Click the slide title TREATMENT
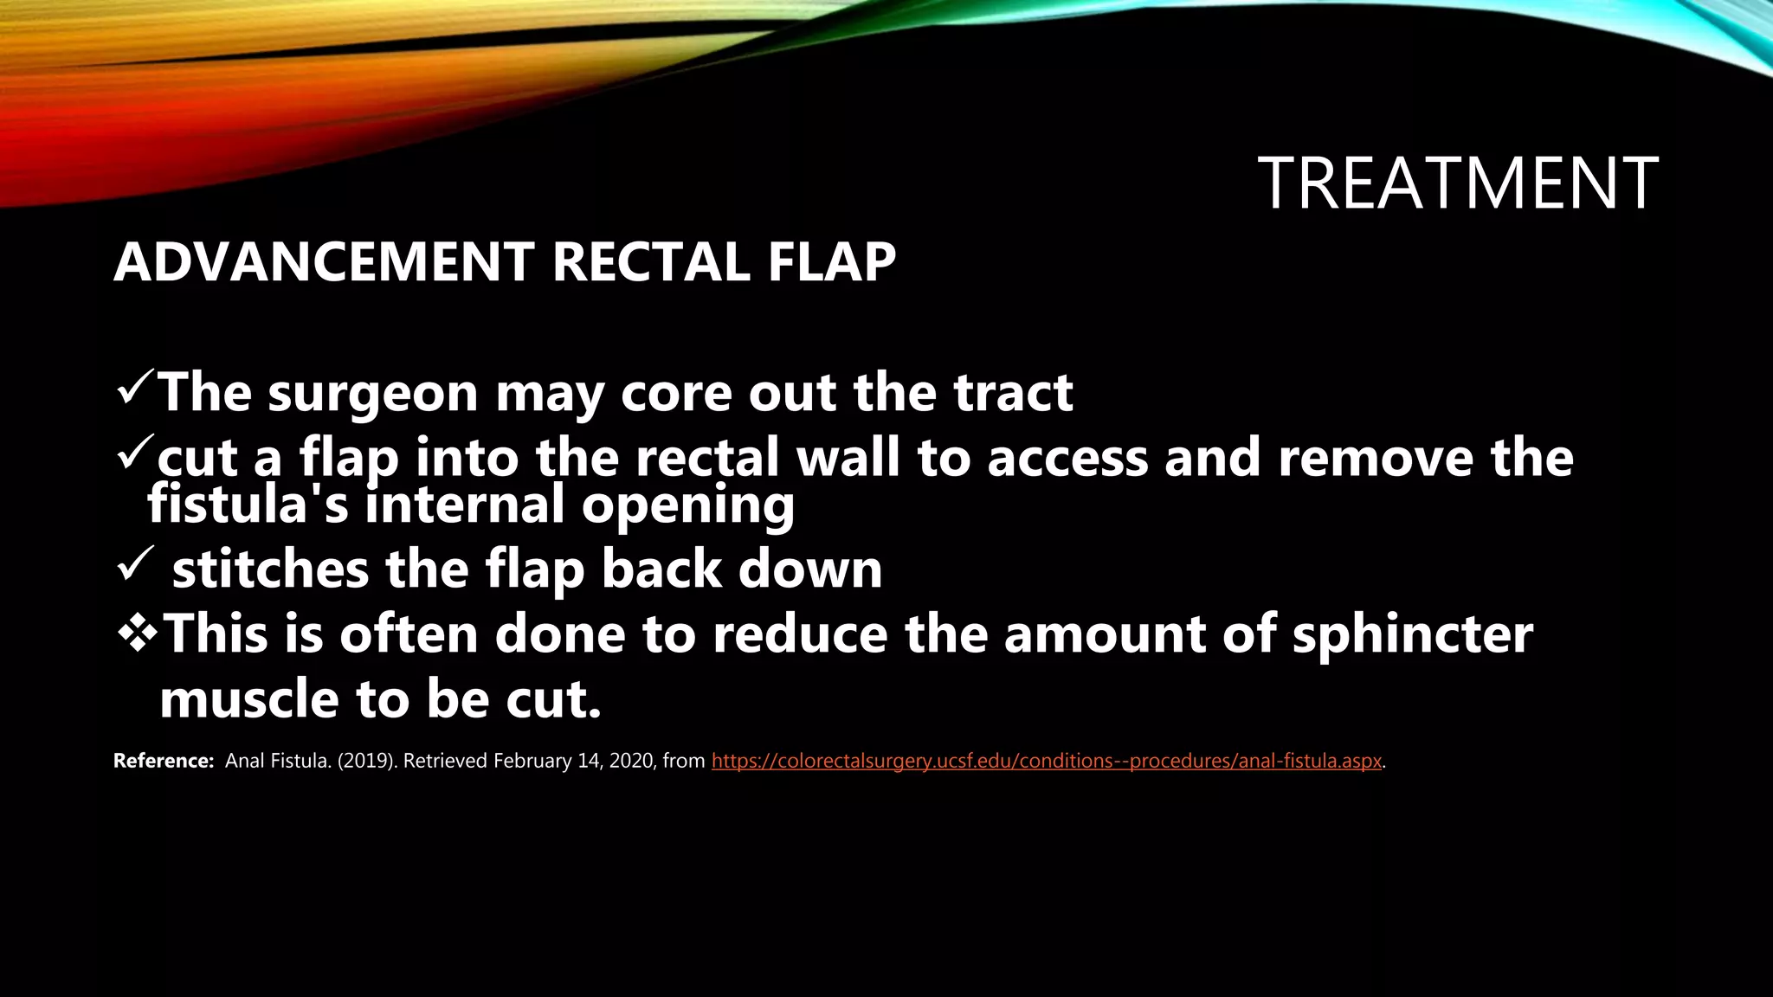point(1458,183)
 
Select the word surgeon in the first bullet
point(372,394)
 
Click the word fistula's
point(248,504)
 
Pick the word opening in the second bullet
point(687,505)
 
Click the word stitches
point(270,569)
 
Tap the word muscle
point(248,699)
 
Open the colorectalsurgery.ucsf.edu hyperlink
point(1046,762)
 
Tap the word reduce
point(800,634)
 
